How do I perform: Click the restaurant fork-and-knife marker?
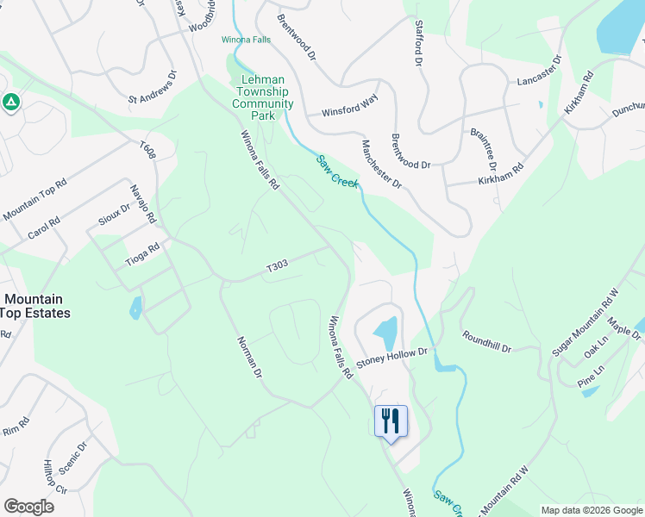pyautogui.click(x=391, y=421)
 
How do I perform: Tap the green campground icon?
pyautogui.click(x=11, y=103)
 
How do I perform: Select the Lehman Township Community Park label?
pyautogui.click(x=263, y=97)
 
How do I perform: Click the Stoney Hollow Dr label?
pyautogui.click(x=392, y=352)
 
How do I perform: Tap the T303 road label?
pyautogui.click(x=277, y=267)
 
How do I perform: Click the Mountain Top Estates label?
pyautogui.click(x=35, y=306)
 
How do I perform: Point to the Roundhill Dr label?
pyautogui.click(x=486, y=342)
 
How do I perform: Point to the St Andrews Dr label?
pyautogui.click(x=152, y=88)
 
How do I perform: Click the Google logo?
pyautogui.click(x=28, y=506)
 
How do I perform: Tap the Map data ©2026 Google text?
pyautogui.click(x=591, y=510)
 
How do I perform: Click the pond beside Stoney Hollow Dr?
pyautogui.click(x=385, y=329)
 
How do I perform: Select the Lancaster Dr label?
pyautogui.click(x=539, y=71)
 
